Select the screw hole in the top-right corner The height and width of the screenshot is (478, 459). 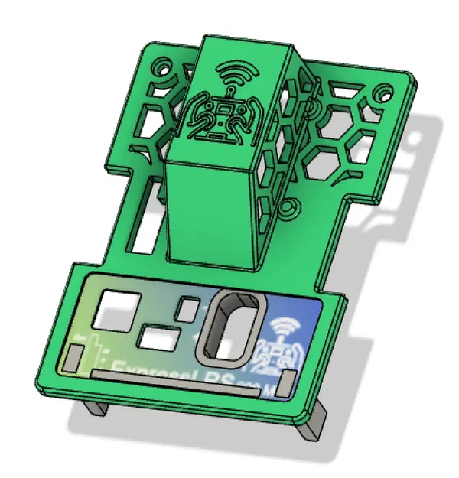pos(385,96)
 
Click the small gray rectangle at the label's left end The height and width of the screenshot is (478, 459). pos(74,356)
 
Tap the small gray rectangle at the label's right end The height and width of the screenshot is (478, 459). pos(284,382)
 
